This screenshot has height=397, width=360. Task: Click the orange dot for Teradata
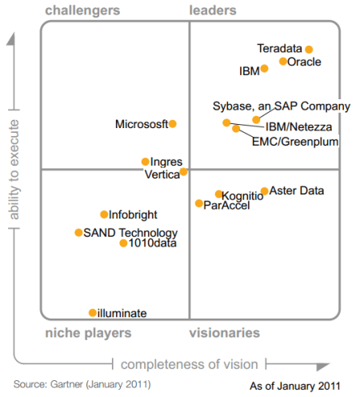pyautogui.click(x=309, y=50)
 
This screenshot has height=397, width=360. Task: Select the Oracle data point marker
pyautogui.click(x=283, y=62)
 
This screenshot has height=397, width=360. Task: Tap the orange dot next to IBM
pyautogui.click(x=265, y=69)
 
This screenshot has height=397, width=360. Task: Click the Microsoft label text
pyautogui.click(x=141, y=124)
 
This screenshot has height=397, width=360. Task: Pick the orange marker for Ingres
pyautogui.click(x=145, y=162)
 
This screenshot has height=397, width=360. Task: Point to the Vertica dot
pyautogui.click(x=183, y=171)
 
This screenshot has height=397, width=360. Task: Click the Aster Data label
pyautogui.click(x=297, y=190)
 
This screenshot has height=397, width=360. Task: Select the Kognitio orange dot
pyautogui.click(x=218, y=194)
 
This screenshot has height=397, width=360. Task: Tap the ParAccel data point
pyautogui.click(x=199, y=204)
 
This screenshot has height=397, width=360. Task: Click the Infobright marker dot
pyautogui.click(x=104, y=215)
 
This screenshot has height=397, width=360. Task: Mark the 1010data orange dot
pyautogui.click(x=123, y=243)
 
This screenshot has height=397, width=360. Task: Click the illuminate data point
pyautogui.click(x=93, y=313)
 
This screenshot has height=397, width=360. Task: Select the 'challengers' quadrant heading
pyautogui.click(x=83, y=10)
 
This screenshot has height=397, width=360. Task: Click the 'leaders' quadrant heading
pyautogui.click(x=213, y=10)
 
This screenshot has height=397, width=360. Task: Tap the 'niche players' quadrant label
pyautogui.click(x=88, y=332)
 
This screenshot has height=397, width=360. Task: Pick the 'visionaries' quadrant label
pyautogui.click(x=224, y=332)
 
